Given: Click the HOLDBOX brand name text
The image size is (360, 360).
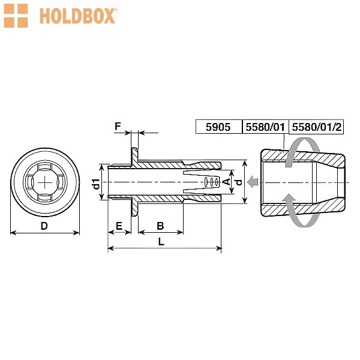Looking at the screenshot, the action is click(x=77, y=16).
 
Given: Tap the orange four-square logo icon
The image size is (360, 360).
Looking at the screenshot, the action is click(x=16, y=16).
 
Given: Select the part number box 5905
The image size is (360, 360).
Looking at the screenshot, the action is click(x=219, y=127).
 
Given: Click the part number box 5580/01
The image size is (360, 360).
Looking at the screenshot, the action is click(x=265, y=127).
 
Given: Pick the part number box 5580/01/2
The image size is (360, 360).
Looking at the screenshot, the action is click(x=316, y=127).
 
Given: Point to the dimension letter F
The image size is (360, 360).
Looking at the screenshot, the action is click(x=118, y=126).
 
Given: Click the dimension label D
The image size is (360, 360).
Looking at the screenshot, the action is click(x=44, y=226).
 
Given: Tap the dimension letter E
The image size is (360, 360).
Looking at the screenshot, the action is click(x=119, y=226).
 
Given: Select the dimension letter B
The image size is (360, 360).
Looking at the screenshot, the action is click(x=160, y=226).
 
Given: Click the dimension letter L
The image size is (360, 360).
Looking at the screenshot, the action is click(x=161, y=242).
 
